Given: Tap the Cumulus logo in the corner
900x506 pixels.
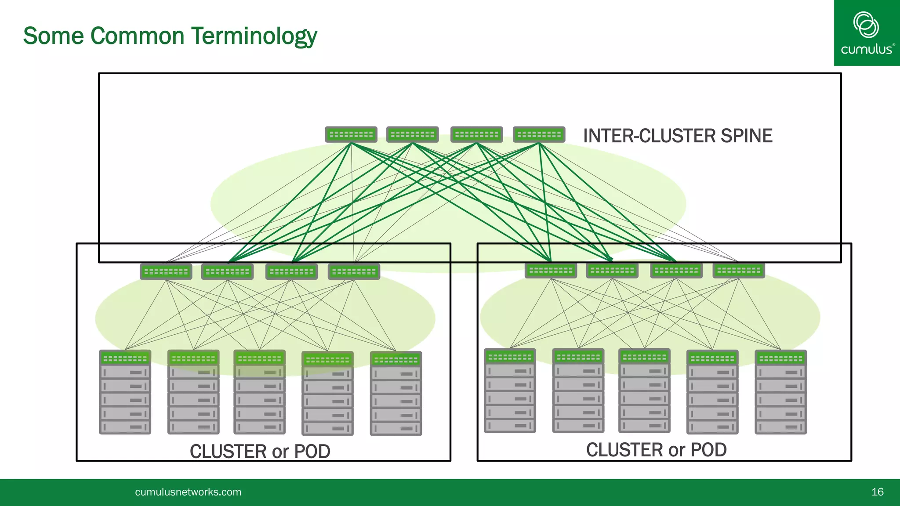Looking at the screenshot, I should [866, 33].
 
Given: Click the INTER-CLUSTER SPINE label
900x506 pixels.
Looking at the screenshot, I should [677, 136].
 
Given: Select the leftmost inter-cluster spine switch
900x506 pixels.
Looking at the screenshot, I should [351, 134].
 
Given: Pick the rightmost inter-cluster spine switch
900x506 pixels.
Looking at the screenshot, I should [539, 134].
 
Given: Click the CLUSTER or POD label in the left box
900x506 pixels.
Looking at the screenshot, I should [260, 451].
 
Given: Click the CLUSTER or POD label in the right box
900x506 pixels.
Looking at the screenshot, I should [656, 450].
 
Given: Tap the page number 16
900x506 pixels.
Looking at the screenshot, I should [877, 492].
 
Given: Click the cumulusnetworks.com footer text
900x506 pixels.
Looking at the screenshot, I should [188, 492].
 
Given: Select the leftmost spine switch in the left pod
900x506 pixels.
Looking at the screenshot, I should [166, 272].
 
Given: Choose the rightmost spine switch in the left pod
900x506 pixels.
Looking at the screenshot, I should [354, 272].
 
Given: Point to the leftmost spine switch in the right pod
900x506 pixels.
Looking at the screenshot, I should [551, 271].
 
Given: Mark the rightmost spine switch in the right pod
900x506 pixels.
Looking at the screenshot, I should [739, 271].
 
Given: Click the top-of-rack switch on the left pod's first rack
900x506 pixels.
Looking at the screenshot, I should [125, 358].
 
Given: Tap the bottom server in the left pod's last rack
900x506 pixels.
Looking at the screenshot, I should [396, 428].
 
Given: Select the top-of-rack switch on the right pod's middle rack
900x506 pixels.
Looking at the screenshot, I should [644, 357].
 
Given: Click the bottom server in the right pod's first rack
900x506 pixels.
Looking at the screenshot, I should [510, 425].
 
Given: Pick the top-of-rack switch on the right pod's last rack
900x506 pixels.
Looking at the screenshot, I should [780, 358].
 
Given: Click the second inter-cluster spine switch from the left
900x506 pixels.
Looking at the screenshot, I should [412, 134].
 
